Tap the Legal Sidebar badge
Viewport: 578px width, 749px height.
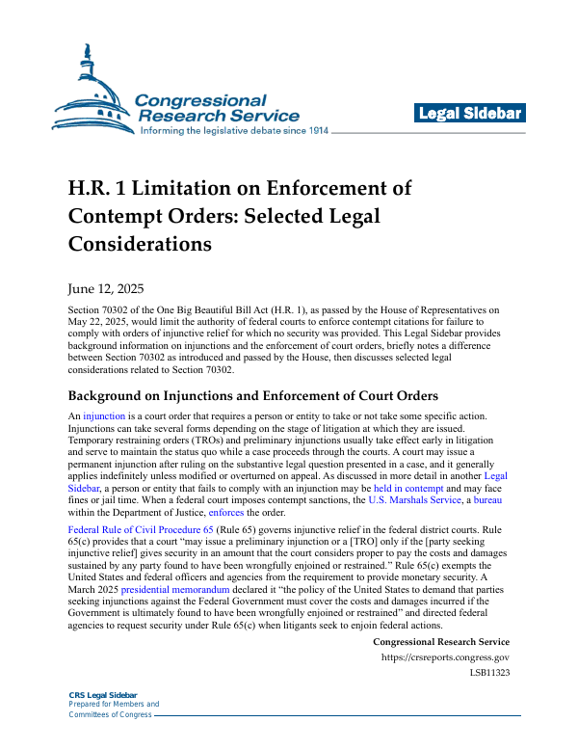click(470, 114)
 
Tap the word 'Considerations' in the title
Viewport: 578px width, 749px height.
click(140, 244)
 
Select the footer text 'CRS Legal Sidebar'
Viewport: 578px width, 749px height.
click(102, 695)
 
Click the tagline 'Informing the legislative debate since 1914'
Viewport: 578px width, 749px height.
click(235, 130)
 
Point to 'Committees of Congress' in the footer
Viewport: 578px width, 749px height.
click(110, 714)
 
